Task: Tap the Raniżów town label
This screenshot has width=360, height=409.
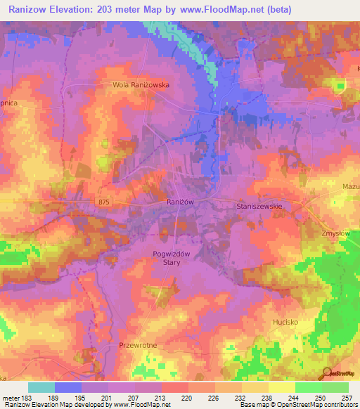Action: (x=180, y=201)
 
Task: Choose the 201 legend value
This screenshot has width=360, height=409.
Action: (x=107, y=397)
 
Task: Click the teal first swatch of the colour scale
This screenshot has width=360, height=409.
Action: (x=41, y=387)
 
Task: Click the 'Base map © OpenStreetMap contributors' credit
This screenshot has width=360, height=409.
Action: (x=297, y=405)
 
